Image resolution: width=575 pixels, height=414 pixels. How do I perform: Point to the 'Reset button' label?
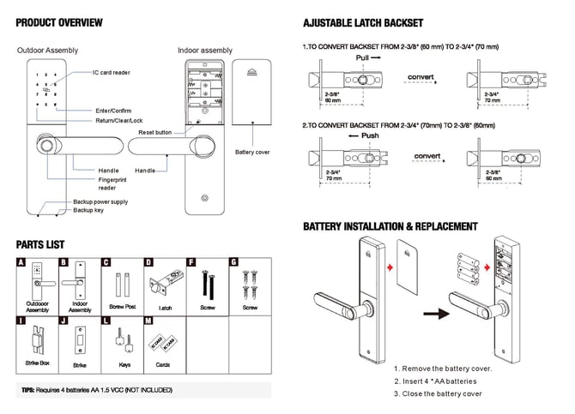[x=155, y=133]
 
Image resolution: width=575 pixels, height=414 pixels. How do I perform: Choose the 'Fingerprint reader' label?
[x=112, y=183]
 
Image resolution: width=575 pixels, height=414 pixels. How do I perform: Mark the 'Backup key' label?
[x=88, y=210]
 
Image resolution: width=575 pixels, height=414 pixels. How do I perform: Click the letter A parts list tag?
[x=21, y=262]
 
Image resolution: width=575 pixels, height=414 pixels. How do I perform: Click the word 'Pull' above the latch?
[x=364, y=57]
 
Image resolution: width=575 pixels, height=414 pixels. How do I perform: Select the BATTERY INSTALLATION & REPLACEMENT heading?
[x=390, y=226]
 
